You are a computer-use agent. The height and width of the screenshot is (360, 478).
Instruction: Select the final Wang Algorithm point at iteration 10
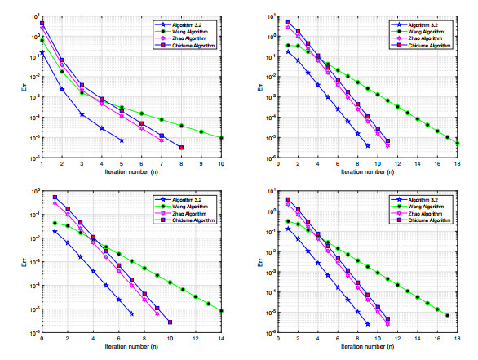pos(222,138)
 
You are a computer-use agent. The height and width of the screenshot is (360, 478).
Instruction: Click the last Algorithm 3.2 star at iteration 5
pos(122,140)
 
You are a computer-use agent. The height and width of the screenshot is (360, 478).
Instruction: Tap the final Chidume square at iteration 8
pos(181,147)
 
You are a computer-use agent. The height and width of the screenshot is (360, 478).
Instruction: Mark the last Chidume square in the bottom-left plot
pos(170,322)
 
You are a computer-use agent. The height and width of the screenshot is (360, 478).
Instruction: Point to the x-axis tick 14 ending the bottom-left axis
pos(222,339)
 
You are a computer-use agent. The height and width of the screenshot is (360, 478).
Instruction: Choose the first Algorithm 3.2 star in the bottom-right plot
pos(287,229)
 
